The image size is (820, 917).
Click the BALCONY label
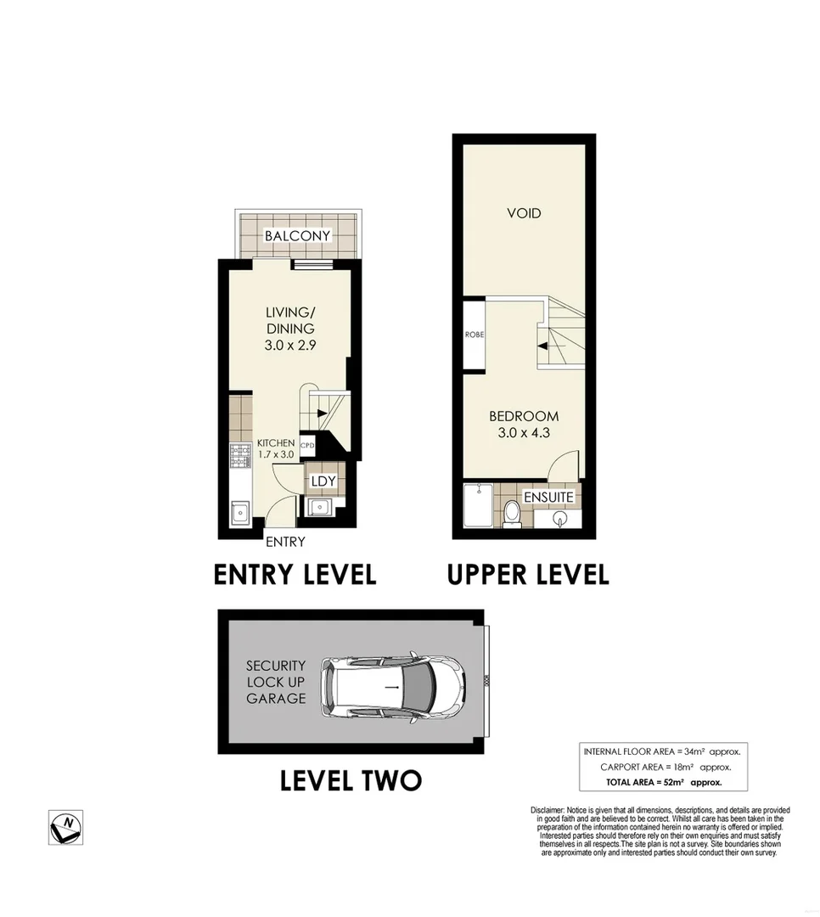click(296, 235)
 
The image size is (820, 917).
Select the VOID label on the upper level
click(524, 213)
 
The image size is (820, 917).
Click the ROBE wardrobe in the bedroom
click(474, 335)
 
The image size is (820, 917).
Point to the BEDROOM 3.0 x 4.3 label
click(523, 424)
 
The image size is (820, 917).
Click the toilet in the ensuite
click(512, 513)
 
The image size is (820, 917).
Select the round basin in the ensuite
click(559, 518)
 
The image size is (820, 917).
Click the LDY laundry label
click(323, 481)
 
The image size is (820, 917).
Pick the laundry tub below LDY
click(320, 507)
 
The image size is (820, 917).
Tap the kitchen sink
click(238, 513)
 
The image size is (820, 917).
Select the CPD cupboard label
click(307, 444)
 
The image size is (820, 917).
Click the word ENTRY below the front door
click(285, 543)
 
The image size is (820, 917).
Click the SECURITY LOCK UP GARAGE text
click(276, 683)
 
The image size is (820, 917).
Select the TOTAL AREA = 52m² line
click(662, 782)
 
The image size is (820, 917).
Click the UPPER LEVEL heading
click(528, 574)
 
